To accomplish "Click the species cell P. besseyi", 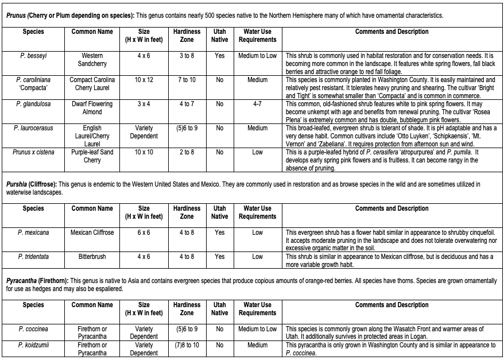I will point(33,56).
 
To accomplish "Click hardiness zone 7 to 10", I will point(187,80).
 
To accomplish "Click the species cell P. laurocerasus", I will point(33,128).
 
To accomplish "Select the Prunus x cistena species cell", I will point(33,152).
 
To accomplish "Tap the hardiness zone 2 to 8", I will point(187,152).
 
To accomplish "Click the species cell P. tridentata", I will point(33,257).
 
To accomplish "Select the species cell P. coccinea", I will point(33,329).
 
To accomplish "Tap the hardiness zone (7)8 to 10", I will point(187,345).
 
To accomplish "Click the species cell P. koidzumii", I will point(33,345).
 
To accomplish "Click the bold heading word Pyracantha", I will point(23,280).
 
